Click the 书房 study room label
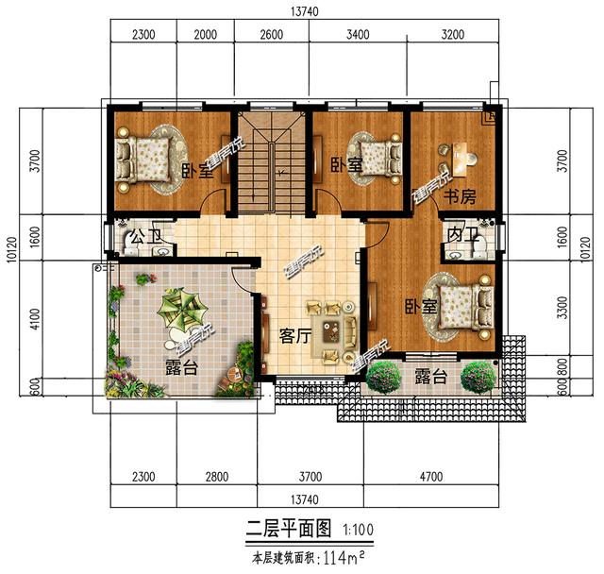(459, 196)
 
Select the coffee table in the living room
(332, 331)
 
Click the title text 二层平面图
(286, 527)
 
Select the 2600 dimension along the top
(271, 35)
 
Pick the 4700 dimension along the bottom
(430, 477)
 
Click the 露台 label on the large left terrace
(181, 368)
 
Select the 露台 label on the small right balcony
(429, 376)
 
